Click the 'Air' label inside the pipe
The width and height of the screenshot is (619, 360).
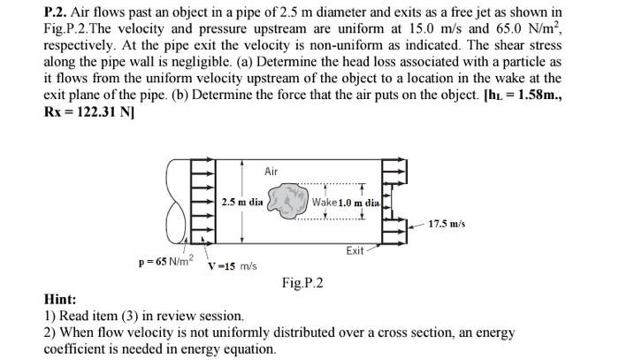(x=271, y=171)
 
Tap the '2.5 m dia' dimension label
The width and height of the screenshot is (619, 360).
(x=241, y=202)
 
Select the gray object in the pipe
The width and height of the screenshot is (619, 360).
(x=284, y=201)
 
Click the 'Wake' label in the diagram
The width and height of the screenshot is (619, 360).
(x=325, y=202)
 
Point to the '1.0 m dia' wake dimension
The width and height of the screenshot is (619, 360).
(x=358, y=202)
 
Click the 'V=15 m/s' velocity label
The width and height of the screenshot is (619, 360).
(x=232, y=266)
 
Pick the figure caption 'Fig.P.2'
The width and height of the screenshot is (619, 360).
(x=302, y=283)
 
